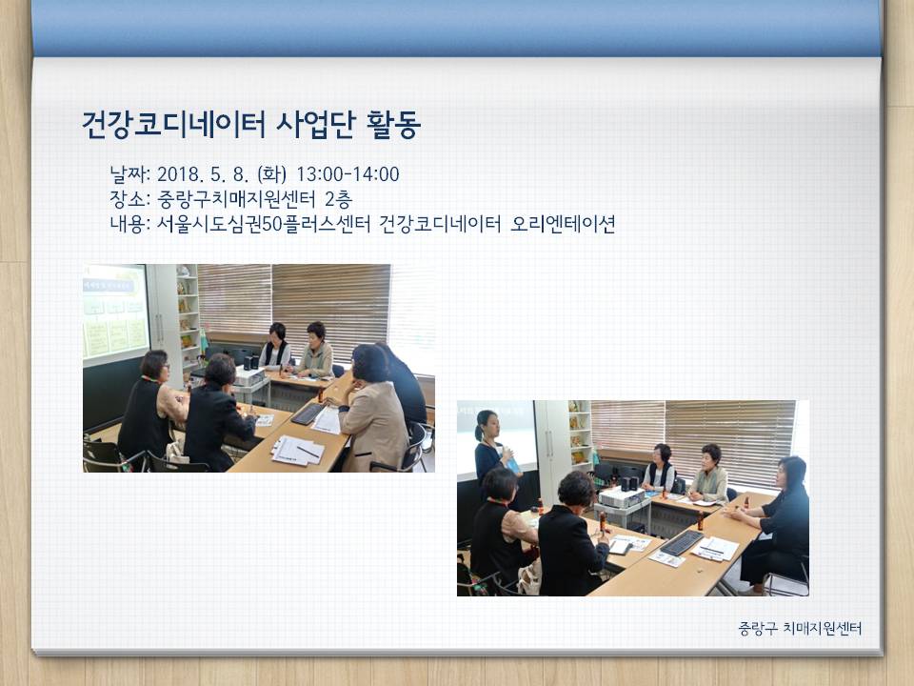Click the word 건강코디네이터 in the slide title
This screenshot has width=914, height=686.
pos(173,125)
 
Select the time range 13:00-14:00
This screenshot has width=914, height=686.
pos(348,174)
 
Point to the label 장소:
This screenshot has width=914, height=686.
pos(130,199)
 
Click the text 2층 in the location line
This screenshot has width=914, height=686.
pos(338,199)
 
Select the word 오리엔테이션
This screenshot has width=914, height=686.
pos(563,224)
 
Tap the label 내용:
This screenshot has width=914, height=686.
pos(130,224)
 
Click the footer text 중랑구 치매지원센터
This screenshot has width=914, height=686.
pos(800,628)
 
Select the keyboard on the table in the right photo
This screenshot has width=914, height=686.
pos(682,542)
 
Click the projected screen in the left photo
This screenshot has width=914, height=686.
pos(115,313)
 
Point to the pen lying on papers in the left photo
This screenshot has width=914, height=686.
pos(308,451)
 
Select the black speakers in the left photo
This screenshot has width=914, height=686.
pos(251,362)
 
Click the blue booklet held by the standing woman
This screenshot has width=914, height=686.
pos(513,466)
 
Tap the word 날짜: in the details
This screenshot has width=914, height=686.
pos(130,174)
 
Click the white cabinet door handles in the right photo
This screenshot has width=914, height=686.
pos(549,445)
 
